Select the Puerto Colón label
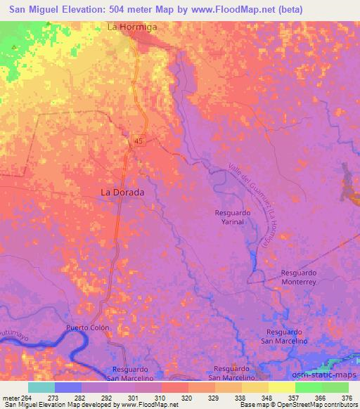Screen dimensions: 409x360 [x=88, y=328]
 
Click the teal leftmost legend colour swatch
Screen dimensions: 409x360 [x=41, y=387]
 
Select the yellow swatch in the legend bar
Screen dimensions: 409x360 [x=282, y=387]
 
